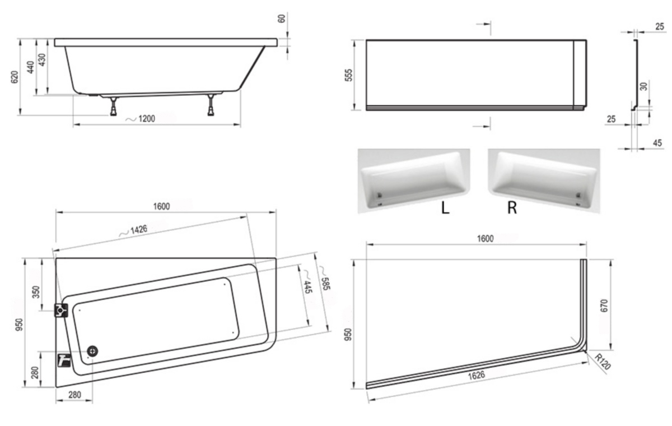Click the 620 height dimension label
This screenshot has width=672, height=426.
pos(15,77)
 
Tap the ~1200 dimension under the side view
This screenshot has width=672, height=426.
pos(140,119)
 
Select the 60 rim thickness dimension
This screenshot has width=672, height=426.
pos(282,19)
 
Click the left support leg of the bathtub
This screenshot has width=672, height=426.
pos(113,106)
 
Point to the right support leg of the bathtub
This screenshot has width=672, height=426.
pos(211,105)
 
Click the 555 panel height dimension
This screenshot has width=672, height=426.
pos(348,75)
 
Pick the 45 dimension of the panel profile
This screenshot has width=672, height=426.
pos(657,143)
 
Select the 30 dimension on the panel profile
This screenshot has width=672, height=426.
pos(643,87)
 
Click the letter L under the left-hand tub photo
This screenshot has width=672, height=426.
pos(445,207)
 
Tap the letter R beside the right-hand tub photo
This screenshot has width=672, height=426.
pos(512,207)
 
